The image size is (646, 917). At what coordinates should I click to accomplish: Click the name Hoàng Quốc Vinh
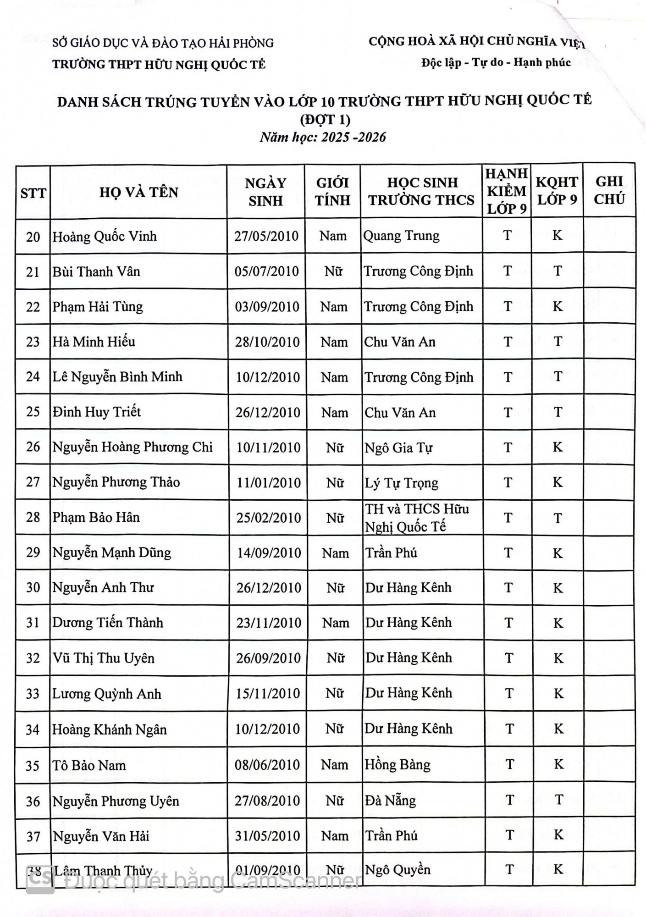click(x=105, y=237)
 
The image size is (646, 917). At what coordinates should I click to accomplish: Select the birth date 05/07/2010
click(x=266, y=271)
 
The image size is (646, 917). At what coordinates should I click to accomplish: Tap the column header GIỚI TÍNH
click(x=332, y=192)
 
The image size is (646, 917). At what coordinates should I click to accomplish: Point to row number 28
click(x=33, y=518)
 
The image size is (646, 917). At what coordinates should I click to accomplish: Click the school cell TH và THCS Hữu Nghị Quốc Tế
click(x=416, y=518)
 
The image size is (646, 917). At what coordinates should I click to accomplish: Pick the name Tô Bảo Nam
click(x=89, y=765)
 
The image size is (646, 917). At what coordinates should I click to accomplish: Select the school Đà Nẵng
click(x=390, y=801)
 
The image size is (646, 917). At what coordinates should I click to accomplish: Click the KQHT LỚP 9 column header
click(x=557, y=191)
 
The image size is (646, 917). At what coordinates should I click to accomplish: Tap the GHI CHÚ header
click(x=609, y=190)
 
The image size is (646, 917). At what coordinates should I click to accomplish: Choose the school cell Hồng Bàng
click(x=398, y=765)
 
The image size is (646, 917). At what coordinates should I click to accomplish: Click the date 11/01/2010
click(x=269, y=483)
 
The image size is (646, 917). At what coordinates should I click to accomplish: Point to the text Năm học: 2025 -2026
click(x=323, y=137)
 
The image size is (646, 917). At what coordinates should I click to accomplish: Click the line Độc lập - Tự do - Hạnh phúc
click(x=496, y=62)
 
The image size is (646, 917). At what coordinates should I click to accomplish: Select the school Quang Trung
click(x=401, y=236)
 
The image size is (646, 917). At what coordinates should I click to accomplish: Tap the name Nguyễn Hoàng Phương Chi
click(x=133, y=447)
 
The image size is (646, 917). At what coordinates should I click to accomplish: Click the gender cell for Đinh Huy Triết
click(x=334, y=413)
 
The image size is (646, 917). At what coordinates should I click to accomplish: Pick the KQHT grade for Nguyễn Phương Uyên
click(x=558, y=800)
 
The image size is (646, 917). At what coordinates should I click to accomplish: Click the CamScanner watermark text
click(x=213, y=881)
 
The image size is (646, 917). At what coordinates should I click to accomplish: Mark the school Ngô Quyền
click(x=398, y=870)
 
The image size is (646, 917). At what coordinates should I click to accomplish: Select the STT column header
click(x=33, y=193)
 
